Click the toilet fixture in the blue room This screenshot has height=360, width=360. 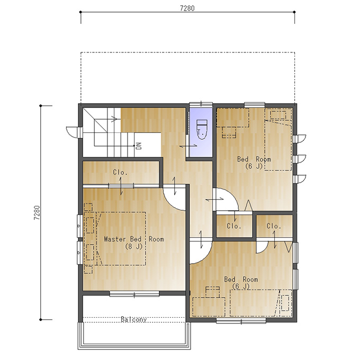pos(202,129)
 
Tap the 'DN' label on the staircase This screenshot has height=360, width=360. pos(139,146)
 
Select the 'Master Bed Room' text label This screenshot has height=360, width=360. pos(134,239)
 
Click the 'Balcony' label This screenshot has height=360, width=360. pos(133,319)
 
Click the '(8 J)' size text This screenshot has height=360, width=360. pos(134,247)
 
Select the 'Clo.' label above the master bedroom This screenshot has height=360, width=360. pos(120,172)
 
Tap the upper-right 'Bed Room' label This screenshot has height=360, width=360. pos(254,159)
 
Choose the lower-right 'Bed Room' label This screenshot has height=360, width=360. pos(241,280)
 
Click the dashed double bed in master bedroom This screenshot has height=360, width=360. pos(122,239)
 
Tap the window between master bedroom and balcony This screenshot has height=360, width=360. pos(134,294)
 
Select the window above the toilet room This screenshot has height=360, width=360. pos(201,104)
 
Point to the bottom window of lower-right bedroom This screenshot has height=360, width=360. pos(241,321)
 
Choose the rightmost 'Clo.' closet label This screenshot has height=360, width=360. pos(274,226)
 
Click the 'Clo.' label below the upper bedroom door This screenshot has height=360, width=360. pos(234,226)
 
